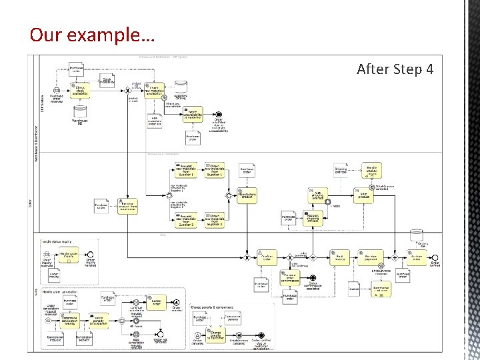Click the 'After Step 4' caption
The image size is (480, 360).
click(x=399, y=69)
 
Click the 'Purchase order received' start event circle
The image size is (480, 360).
click(x=57, y=91)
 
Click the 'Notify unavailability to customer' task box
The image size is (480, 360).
click(x=193, y=115)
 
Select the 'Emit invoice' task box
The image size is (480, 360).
click(x=340, y=257)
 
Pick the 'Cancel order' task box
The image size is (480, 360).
click(x=155, y=303)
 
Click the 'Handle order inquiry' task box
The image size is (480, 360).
click(x=69, y=255)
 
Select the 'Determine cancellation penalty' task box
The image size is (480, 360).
click(x=70, y=321)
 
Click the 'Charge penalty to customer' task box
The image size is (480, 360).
click(x=216, y=335)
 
